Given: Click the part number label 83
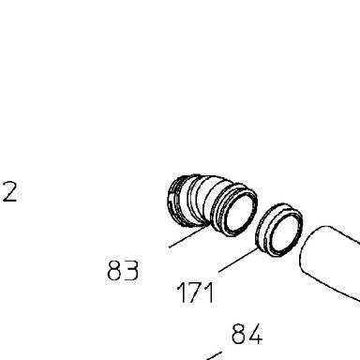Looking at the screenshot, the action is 123,270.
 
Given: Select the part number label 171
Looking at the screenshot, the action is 196,292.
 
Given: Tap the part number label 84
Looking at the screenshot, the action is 247,334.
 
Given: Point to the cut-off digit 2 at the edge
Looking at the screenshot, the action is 9,192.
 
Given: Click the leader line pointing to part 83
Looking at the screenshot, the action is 189,235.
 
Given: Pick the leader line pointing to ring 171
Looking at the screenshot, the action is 239,260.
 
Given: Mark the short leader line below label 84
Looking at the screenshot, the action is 214,355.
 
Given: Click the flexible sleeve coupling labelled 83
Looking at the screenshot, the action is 213,204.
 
